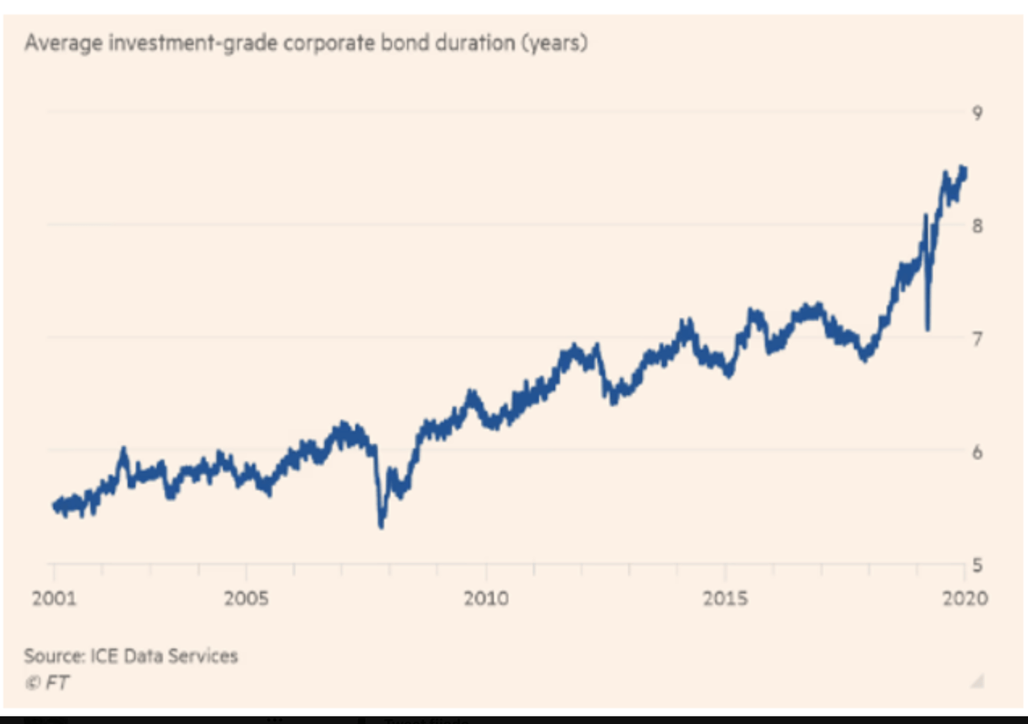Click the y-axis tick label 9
pos(977,113)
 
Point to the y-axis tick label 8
pos(977,226)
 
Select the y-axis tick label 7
pos(977,339)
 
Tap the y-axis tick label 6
pos(977,452)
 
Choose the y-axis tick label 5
pos(977,565)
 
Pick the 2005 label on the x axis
pos(246,599)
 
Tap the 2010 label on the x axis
pos(486,599)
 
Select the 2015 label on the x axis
pos(725,599)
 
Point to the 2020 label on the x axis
pos(965,599)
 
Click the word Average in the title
pos(61,43)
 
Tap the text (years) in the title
pos(555,43)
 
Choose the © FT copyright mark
pos(47,683)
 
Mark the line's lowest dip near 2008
pos(381,526)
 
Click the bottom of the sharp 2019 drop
pos(928,328)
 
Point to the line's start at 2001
pos(55,505)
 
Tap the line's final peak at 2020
pos(962,169)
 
